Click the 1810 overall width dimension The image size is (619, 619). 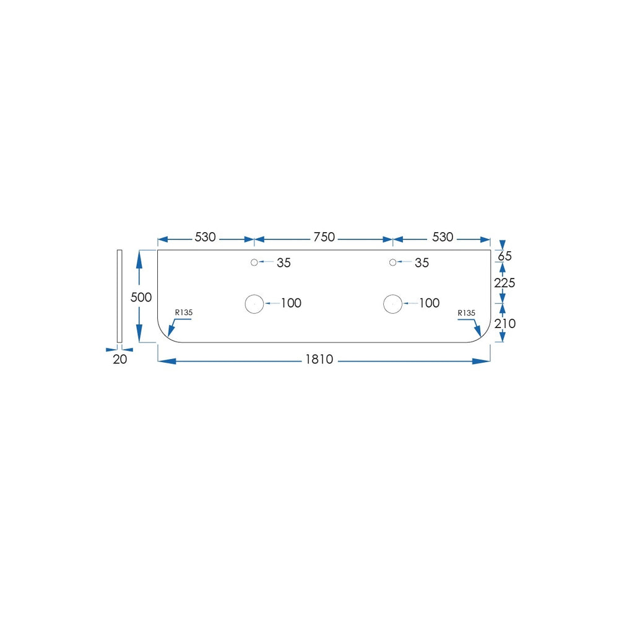(319, 359)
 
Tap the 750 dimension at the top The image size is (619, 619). (324, 237)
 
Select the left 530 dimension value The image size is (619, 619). (206, 237)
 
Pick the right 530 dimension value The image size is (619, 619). (443, 237)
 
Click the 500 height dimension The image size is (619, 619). (141, 297)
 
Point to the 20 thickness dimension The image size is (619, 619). (120, 359)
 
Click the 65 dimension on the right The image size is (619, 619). (504, 256)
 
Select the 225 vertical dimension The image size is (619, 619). (504, 283)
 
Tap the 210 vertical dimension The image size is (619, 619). (505, 324)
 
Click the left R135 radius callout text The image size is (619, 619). (184, 312)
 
